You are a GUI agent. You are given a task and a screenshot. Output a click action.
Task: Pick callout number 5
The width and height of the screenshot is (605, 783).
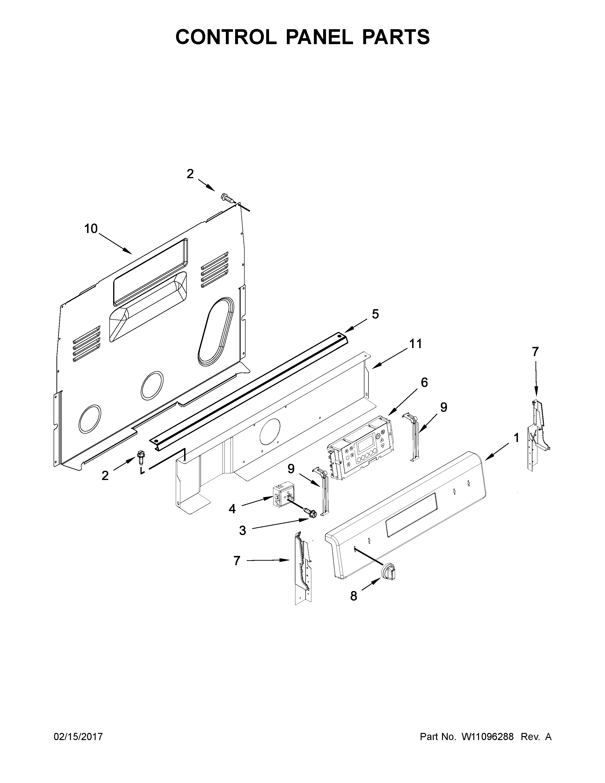coord(375,314)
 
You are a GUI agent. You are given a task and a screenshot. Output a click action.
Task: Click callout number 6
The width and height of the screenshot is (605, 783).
coord(424,382)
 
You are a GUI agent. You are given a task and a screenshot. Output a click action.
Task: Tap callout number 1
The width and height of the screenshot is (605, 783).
coord(516,438)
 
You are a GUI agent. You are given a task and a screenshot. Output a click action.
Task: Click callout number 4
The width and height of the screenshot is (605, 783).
coord(232,508)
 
